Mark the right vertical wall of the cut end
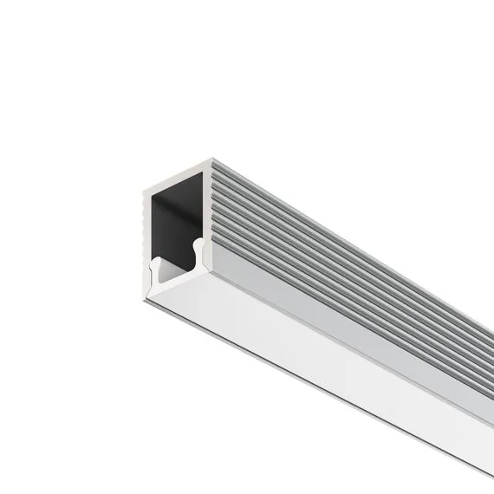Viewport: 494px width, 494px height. (207, 208)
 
